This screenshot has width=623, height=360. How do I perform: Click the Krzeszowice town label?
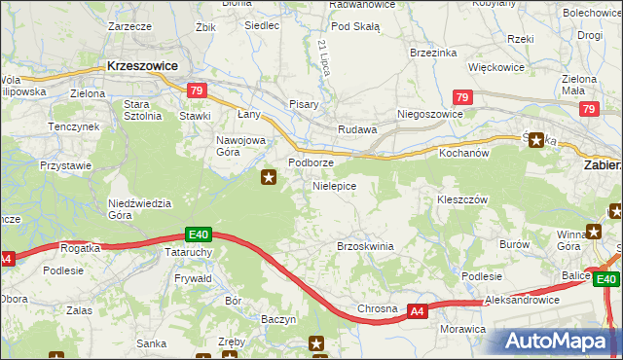143,65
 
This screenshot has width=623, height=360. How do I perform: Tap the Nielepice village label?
334,185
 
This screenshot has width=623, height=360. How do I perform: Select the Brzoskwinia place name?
365,246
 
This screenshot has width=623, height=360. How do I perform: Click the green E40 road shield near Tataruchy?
199,234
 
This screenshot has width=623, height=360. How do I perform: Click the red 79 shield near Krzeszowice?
198,91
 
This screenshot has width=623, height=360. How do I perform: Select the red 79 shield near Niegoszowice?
463,98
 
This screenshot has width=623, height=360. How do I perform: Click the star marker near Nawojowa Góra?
269,177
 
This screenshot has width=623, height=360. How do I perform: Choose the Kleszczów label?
461,198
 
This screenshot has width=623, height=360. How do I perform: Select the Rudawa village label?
356,128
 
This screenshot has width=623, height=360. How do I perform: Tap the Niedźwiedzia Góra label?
140,209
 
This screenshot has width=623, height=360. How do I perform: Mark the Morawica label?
462,329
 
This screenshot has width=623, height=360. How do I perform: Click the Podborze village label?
311,162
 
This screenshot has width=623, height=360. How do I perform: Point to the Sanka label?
151,342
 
